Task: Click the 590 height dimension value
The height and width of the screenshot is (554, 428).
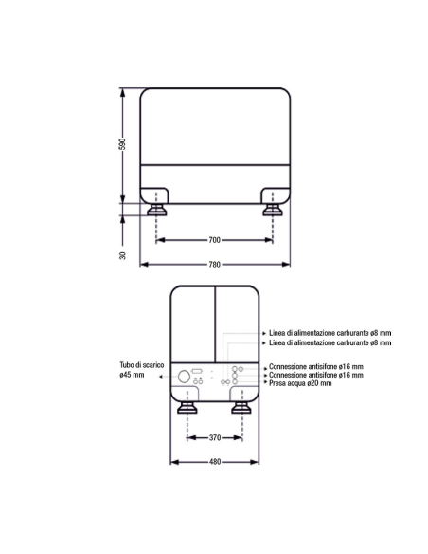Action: click(x=122, y=144)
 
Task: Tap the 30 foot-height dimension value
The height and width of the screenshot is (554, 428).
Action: click(x=122, y=255)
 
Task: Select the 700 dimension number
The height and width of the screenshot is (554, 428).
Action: click(x=214, y=240)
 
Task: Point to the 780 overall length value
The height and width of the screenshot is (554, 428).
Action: click(x=214, y=265)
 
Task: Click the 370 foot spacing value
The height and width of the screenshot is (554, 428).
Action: click(x=215, y=437)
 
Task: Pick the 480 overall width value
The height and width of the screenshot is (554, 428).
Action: click(x=215, y=462)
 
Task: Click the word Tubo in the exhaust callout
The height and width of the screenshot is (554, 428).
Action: click(x=127, y=365)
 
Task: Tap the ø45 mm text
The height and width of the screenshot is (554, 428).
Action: click(x=132, y=375)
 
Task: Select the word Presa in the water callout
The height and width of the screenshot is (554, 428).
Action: click(x=277, y=383)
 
